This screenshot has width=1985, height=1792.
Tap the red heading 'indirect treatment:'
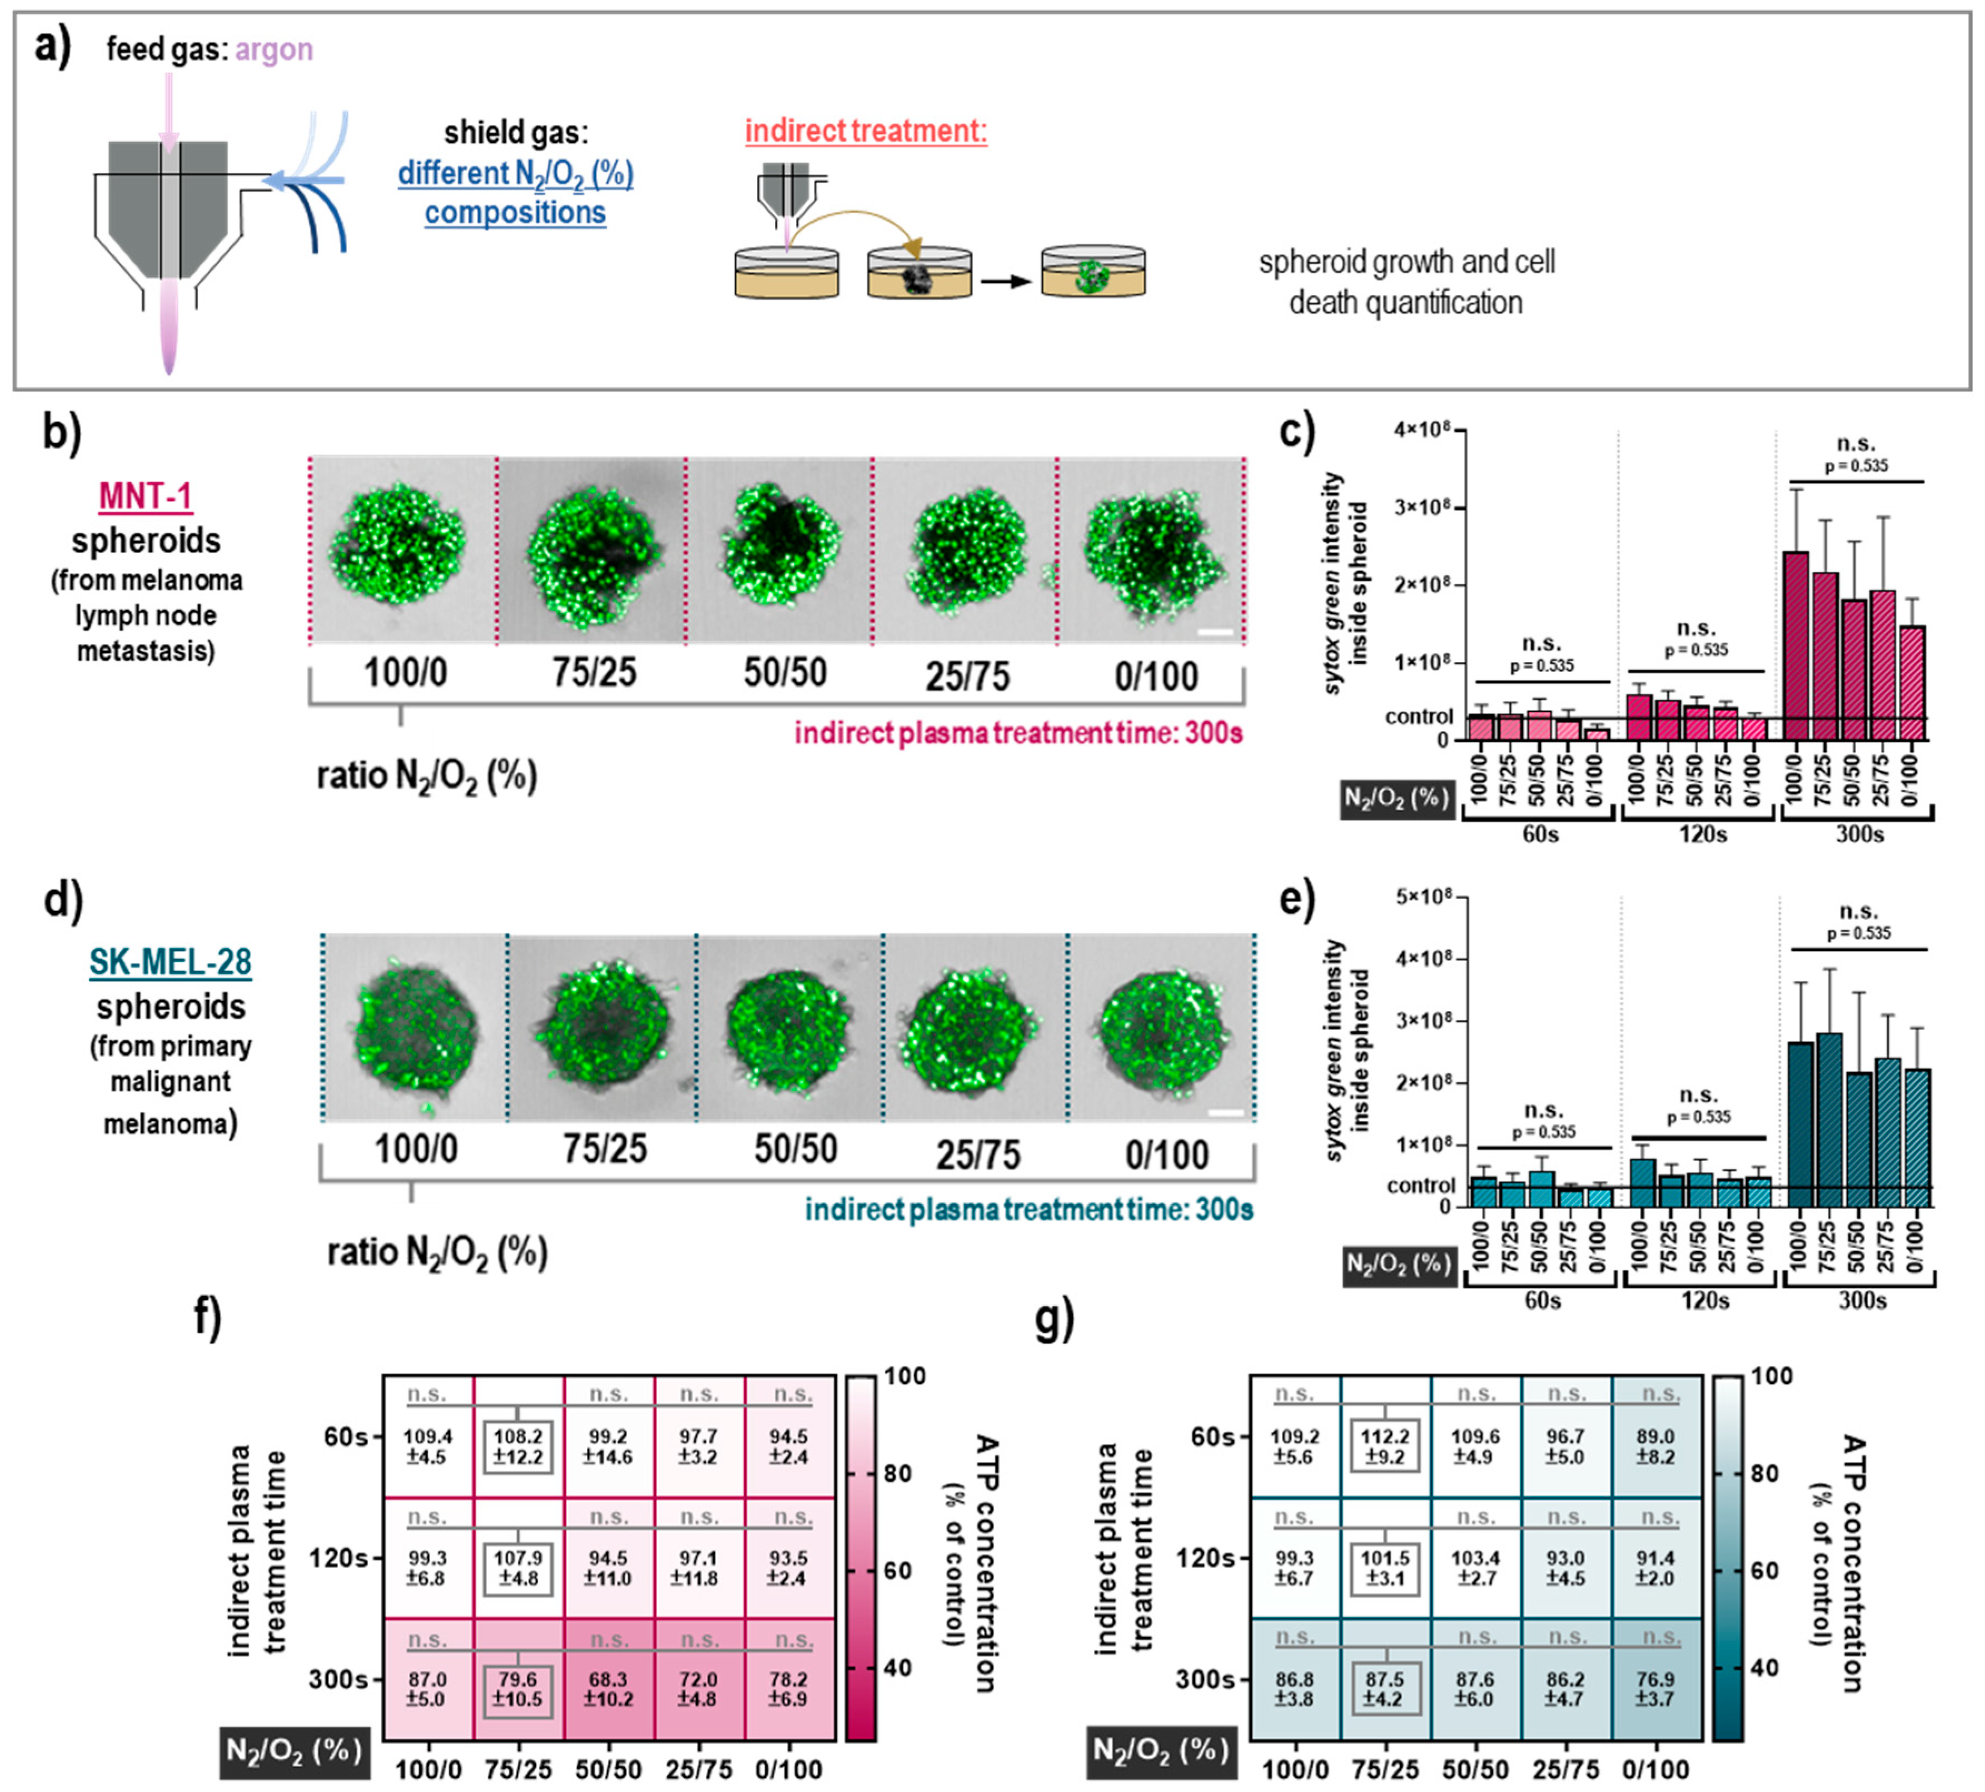865,131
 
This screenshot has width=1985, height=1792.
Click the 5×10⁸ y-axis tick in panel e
1423,897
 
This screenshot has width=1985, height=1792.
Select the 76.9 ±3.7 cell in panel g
1655,1689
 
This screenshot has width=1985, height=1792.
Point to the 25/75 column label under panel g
1565,1769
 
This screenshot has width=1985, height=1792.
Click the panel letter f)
207,1317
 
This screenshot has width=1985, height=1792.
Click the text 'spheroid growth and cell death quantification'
1406,282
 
